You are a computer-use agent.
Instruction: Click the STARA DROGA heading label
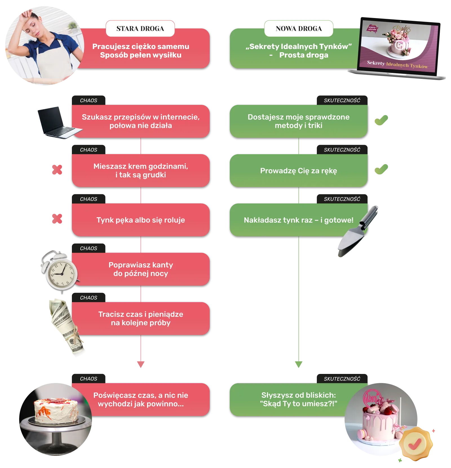(x=140, y=28)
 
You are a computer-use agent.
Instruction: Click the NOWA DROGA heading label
(x=299, y=28)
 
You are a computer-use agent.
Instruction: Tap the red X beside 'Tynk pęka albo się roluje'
(x=58, y=219)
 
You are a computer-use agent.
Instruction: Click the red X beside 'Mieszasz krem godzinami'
(x=58, y=170)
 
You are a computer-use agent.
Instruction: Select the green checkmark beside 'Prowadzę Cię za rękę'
(x=382, y=169)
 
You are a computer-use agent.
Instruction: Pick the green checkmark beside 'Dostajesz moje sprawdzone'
(x=382, y=120)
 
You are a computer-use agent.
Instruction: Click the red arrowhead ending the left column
(x=141, y=364)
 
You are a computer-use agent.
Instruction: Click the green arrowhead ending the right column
(x=299, y=364)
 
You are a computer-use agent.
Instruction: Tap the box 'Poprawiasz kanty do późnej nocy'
(x=141, y=269)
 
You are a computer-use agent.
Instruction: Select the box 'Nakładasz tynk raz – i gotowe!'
(x=299, y=220)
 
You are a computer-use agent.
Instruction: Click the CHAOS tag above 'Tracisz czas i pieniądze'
(x=89, y=298)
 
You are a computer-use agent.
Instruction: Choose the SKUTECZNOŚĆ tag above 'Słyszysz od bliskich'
(x=342, y=379)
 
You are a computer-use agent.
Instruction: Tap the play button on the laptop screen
(x=399, y=45)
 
